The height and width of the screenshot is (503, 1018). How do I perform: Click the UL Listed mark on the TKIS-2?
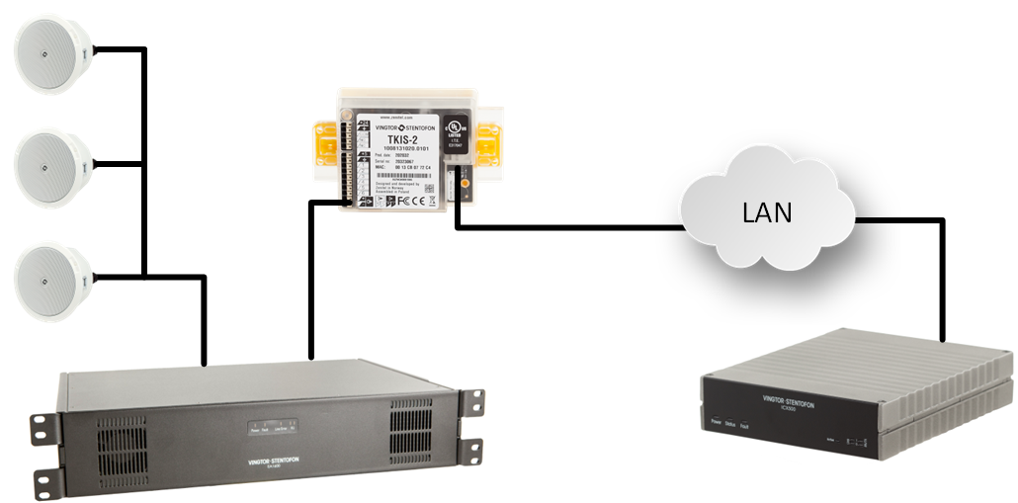point(455,133)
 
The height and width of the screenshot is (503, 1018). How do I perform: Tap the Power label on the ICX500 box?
point(717,422)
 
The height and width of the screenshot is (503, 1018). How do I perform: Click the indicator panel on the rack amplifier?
point(274,428)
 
